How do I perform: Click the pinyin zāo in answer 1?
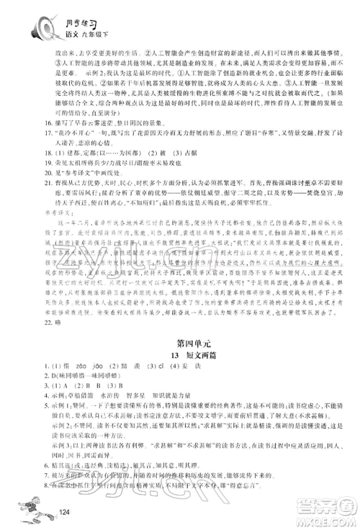(75, 356)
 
